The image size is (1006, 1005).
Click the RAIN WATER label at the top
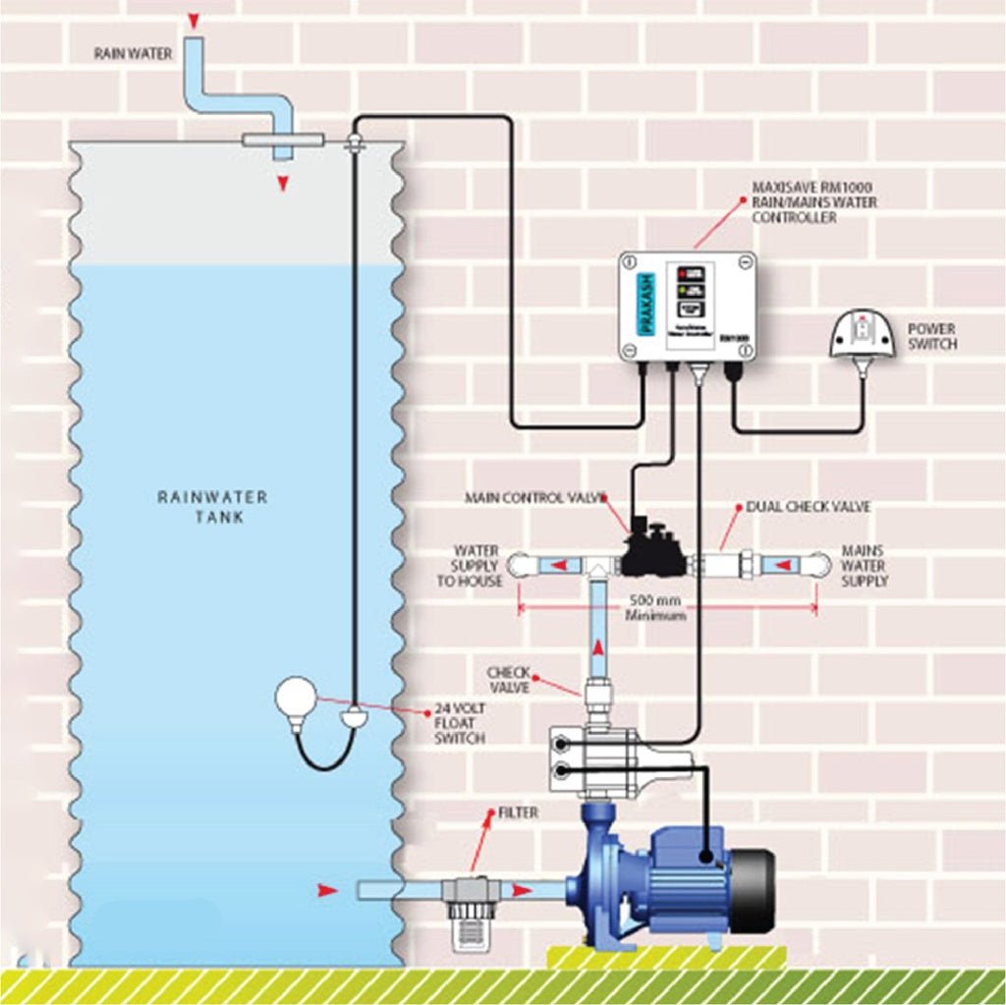(133, 52)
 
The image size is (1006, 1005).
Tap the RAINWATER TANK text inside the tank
(212, 506)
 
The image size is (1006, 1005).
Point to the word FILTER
(518, 813)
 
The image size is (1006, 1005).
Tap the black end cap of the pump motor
(754, 888)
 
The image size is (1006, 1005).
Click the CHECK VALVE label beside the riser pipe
(509, 680)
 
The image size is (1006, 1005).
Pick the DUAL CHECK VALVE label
(808, 507)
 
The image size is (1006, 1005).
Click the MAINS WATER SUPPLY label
(864, 566)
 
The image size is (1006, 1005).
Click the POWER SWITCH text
(931, 337)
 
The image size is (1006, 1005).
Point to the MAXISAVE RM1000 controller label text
(813, 201)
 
